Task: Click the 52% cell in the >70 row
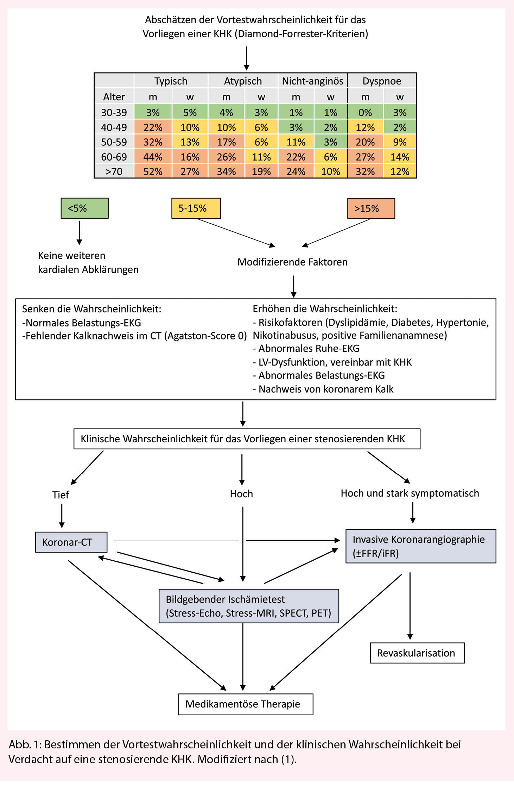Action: [x=153, y=172]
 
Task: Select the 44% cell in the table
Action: [x=153, y=157]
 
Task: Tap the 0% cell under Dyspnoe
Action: [x=365, y=112]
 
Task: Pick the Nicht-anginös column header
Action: [x=312, y=81]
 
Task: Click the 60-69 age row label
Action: [x=114, y=157]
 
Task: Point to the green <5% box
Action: [x=84, y=208]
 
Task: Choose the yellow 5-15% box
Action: [x=196, y=208]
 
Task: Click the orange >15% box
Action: [x=371, y=208]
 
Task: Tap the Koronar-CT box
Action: [x=71, y=542]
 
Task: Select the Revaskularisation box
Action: [x=417, y=653]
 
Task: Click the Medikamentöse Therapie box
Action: [x=246, y=704]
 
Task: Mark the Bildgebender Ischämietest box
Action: [x=248, y=606]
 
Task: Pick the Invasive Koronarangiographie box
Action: [x=420, y=546]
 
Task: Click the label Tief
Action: [x=61, y=495]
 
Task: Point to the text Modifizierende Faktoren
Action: [x=292, y=262]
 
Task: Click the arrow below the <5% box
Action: [x=80, y=232]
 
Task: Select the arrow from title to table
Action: [x=247, y=58]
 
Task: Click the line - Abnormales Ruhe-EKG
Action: [x=306, y=349]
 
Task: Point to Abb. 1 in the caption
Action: [x=25, y=744]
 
